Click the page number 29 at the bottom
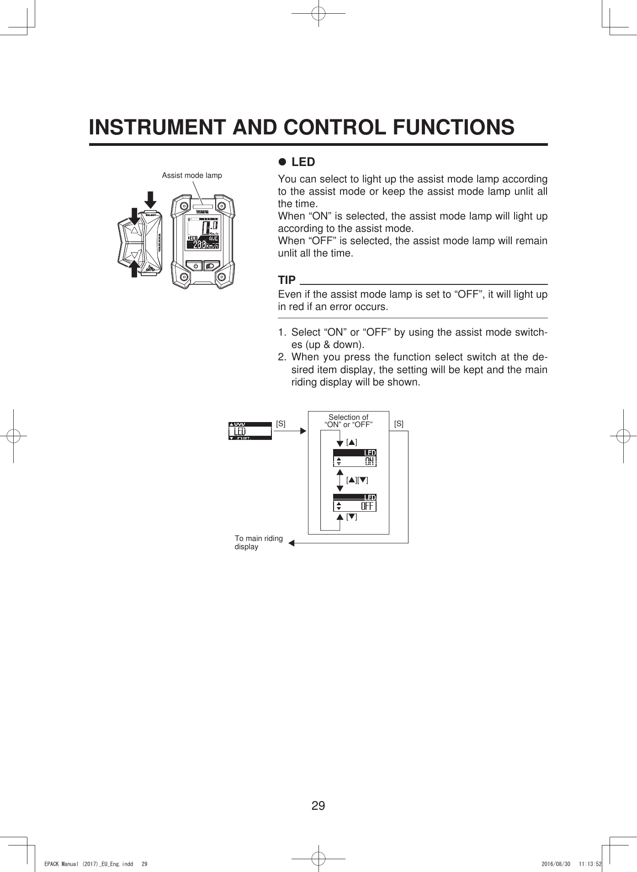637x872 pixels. [x=318, y=805]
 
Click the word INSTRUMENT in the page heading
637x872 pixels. [x=157, y=127]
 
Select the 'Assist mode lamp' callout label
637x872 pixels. [x=192, y=175]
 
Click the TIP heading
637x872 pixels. [x=287, y=279]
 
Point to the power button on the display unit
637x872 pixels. [x=196, y=266]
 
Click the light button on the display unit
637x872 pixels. [x=211, y=266]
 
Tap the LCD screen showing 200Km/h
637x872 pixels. [x=203, y=233]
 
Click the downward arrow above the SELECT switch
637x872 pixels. [x=150, y=199]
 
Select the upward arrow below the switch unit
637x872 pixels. [x=134, y=269]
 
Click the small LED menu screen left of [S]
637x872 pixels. [x=250, y=431]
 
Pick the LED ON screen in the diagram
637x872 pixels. [x=355, y=457]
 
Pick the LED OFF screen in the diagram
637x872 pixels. [x=355, y=502]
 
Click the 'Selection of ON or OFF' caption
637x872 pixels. [x=348, y=421]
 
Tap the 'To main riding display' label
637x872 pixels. [x=258, y=542]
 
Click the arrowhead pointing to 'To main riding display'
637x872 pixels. [x=291, y=543]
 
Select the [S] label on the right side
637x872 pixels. [x=398, y=423]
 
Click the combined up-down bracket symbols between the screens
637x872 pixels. [x=357, y=480]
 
